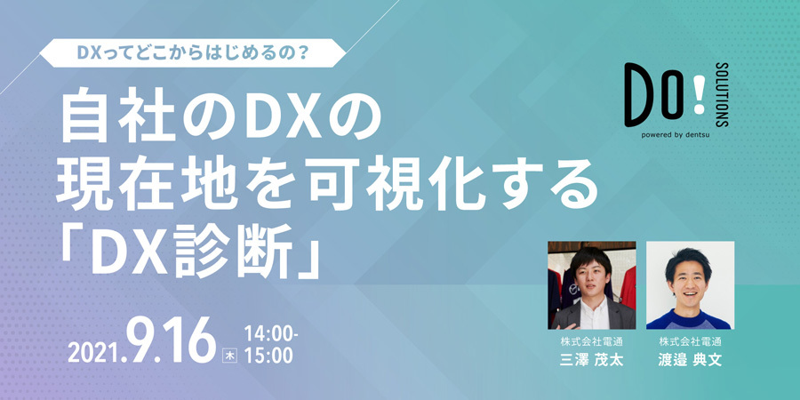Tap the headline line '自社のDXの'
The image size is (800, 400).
(x=220, y=117)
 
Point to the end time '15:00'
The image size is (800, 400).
(x=266, y=356)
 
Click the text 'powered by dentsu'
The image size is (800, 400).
(x=676, y=137)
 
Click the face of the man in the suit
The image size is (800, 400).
(x=588, y=273)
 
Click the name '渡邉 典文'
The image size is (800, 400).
(x=690, y=363)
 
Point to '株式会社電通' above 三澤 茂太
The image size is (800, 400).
(x=591, y=342)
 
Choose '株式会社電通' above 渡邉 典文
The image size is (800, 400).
(x=690, y=342)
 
